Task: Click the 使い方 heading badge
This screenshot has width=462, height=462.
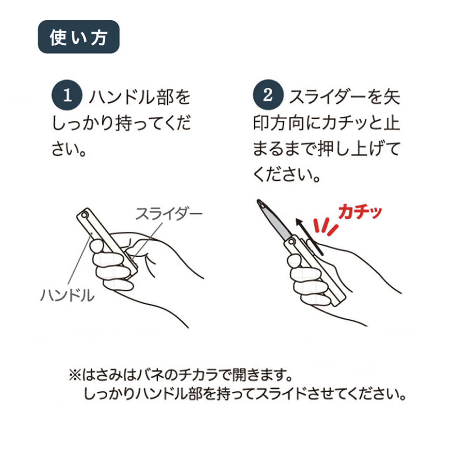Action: [x=79, y=37]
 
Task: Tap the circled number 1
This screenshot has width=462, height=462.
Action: [x=67, y=95]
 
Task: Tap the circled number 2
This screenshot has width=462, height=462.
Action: [x=268, y=95]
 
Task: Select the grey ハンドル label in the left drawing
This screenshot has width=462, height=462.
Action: [x=67, y=295]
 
